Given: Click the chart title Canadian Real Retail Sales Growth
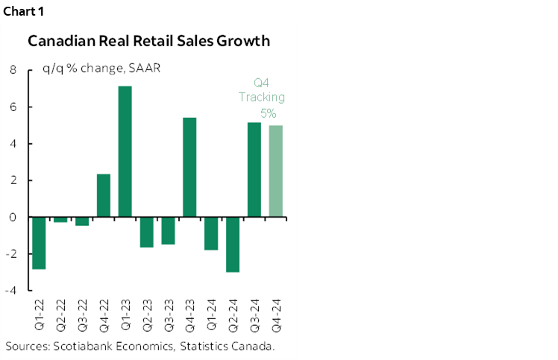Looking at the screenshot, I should [x=148, y=41].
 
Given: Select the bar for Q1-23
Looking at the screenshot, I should [x=125, y=151].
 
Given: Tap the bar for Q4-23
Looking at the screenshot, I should [x=189, y=167].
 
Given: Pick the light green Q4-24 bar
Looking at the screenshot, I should [x=275, y=171].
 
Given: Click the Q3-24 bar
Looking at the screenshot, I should [x=254, y=169].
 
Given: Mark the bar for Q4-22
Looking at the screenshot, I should [x=104, y=195].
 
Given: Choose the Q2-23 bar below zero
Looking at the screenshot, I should [x=147, y=232].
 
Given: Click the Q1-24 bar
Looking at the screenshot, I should [x=211, y=233].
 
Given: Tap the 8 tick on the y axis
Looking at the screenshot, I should [x=13, y=70].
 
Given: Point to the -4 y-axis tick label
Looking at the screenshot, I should [x=11, y=291].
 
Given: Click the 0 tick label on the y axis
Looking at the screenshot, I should [x=13, y=218].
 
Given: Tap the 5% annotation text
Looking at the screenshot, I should [x=268, y=113].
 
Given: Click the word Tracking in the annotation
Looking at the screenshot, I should [x=261, y=98].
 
